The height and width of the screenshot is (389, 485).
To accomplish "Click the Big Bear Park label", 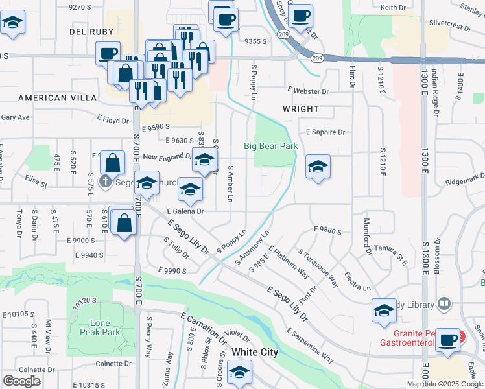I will click(270, 146).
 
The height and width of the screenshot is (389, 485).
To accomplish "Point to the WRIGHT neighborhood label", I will click(300, 109).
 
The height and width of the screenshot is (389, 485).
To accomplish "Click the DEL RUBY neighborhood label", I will click(91, 31).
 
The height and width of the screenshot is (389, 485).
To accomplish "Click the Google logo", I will click(21, 381).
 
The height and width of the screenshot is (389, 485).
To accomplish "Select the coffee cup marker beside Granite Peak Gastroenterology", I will click(447, 340).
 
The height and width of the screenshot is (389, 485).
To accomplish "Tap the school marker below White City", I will click(240, 373).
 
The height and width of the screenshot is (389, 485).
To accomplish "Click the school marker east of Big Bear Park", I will click(317, 167).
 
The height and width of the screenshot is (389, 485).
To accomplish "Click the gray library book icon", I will click(444, 303).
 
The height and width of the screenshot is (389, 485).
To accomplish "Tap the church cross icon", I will click(106, 182).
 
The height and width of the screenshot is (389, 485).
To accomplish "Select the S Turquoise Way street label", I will click(318, 268).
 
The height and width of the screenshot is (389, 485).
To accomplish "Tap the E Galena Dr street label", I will click(185, 211).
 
